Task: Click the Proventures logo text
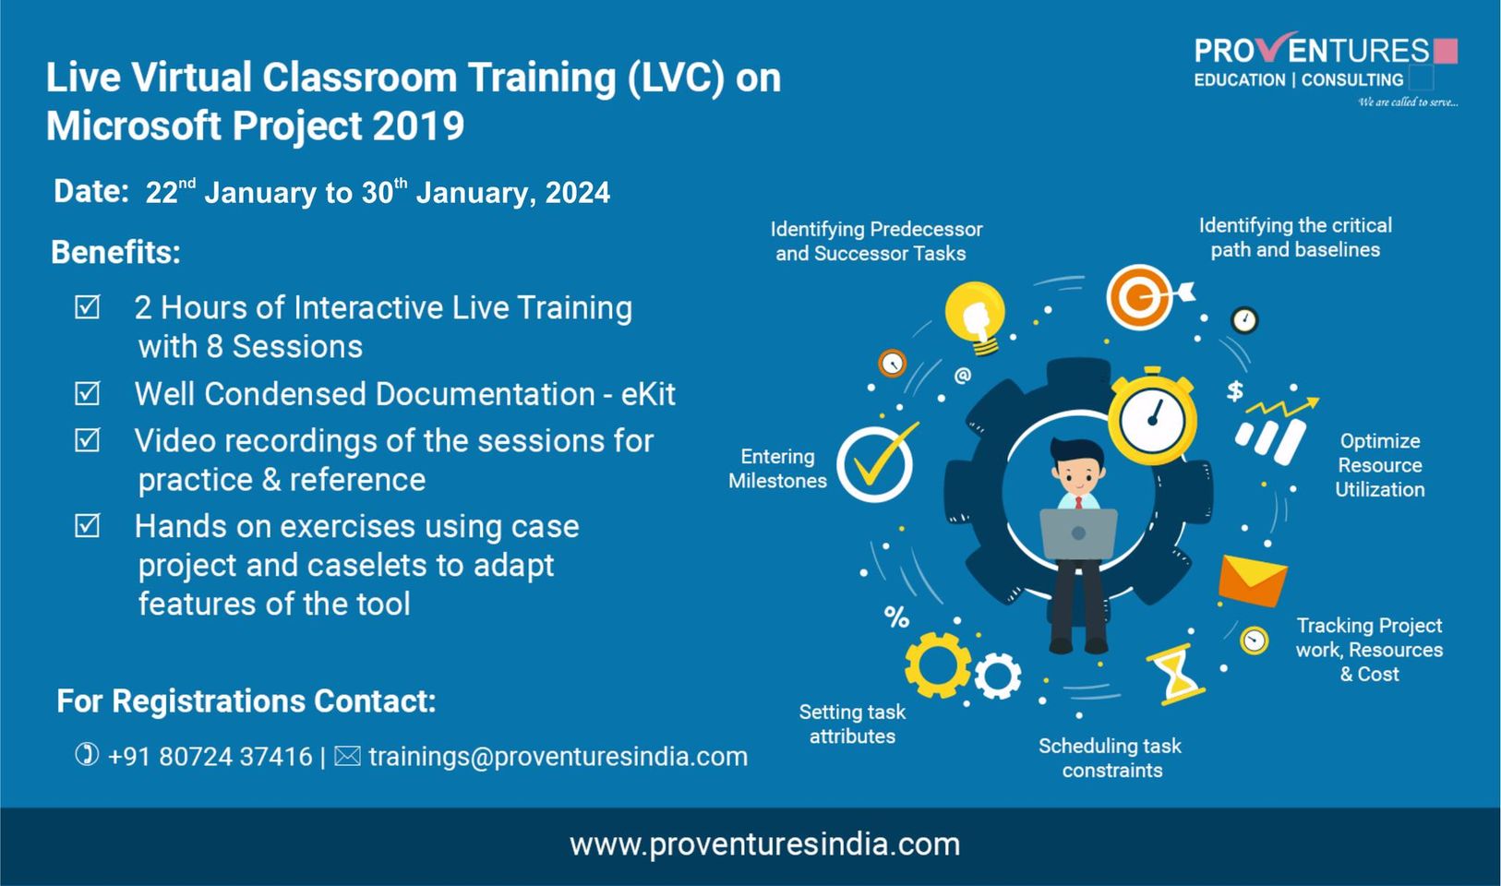[x=1312, y=51]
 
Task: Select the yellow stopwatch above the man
[x=1152, y=416]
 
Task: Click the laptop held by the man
[x=1078, y=534]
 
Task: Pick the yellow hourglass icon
[x=1176, y=675]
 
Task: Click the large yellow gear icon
[x=937, y=664]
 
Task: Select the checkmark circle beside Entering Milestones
[x=875, y=463]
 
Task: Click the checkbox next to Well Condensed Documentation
[x=87, y=394]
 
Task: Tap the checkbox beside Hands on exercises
[x=87, y=526]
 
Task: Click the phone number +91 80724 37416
[x=210, y=757]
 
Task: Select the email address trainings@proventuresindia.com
[x=558, y=757]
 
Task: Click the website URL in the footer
[x=764, y=844]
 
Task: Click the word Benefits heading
[x=115, y=252]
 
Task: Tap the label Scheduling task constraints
[x=1111, y=758]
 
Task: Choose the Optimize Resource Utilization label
[x=1379, y=465]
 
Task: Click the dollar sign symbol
[x=1234, y=390]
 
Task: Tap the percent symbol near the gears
[x=896, y=617]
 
